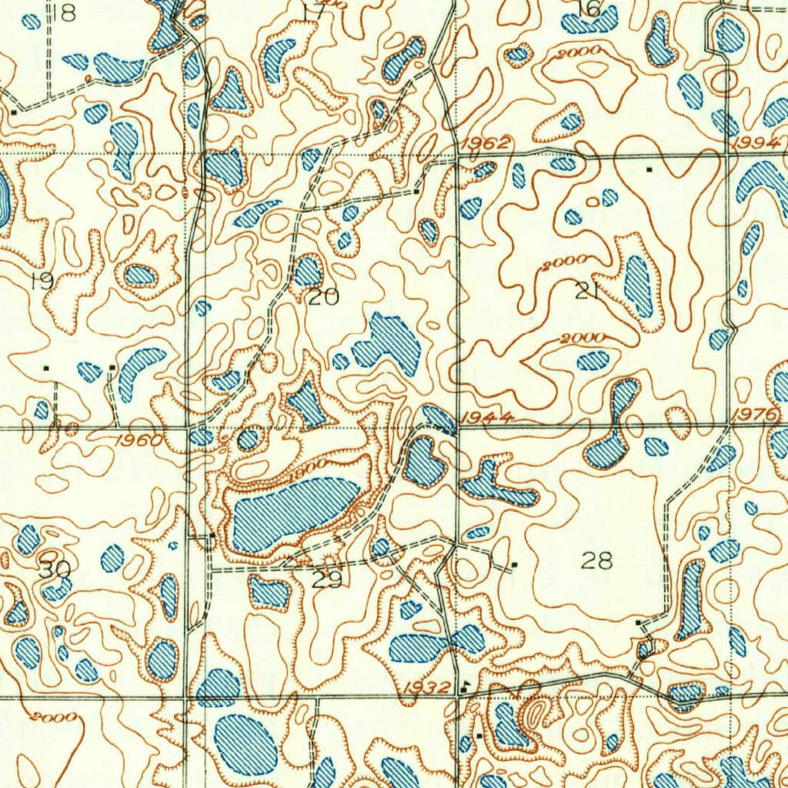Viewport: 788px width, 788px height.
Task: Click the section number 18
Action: [65, 12]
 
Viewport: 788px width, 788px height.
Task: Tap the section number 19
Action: [42, 282]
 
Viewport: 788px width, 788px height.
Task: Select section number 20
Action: [323, 297]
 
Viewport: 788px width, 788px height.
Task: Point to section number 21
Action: [586, 291]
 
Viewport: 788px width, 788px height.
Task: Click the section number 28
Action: [597, 560]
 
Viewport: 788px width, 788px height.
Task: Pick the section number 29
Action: [328, 579]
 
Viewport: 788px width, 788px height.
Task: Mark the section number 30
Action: [54, 570]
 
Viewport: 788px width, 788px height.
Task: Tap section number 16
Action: [589, 8]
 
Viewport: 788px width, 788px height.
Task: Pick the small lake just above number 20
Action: [308, 270]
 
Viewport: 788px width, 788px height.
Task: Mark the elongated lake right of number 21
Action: [638, 285]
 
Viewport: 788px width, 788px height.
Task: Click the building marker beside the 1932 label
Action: [465, 683]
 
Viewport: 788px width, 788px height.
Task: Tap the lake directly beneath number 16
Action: [591, 22]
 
